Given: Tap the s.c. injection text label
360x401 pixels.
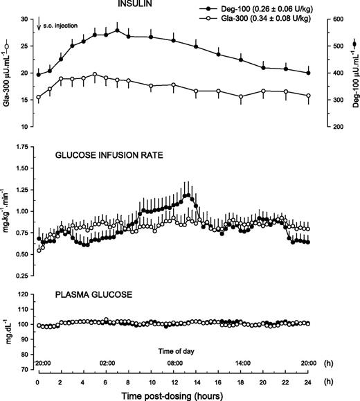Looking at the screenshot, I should click(60, 25).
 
